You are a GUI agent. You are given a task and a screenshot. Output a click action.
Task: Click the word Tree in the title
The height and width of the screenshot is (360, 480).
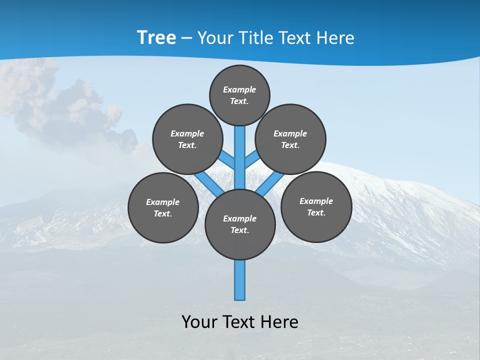point(156,38)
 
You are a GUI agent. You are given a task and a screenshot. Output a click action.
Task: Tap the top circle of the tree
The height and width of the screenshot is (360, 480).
point(239,95)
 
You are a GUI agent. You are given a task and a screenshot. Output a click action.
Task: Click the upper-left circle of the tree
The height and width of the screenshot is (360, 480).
point(187,139)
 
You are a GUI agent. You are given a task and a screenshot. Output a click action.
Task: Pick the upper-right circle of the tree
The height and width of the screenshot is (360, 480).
point(290,139)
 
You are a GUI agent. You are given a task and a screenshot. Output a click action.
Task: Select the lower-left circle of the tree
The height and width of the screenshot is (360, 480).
point(163,207)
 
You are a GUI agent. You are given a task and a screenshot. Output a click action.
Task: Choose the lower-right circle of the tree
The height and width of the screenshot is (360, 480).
point(316,206)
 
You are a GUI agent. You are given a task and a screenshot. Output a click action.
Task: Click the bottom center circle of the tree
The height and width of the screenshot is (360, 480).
point(240,224)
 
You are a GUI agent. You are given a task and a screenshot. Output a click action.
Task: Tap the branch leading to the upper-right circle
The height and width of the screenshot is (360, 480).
point(251,159)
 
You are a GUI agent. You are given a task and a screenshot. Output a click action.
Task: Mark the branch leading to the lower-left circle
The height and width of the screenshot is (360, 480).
point(209,183)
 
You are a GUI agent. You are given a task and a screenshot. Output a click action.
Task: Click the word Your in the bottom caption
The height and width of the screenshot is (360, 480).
point(199,321)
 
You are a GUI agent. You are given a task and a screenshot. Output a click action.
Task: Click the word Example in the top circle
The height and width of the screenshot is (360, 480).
point(239,89)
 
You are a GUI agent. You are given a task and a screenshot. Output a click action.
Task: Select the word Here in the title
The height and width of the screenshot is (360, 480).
point(336,38)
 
